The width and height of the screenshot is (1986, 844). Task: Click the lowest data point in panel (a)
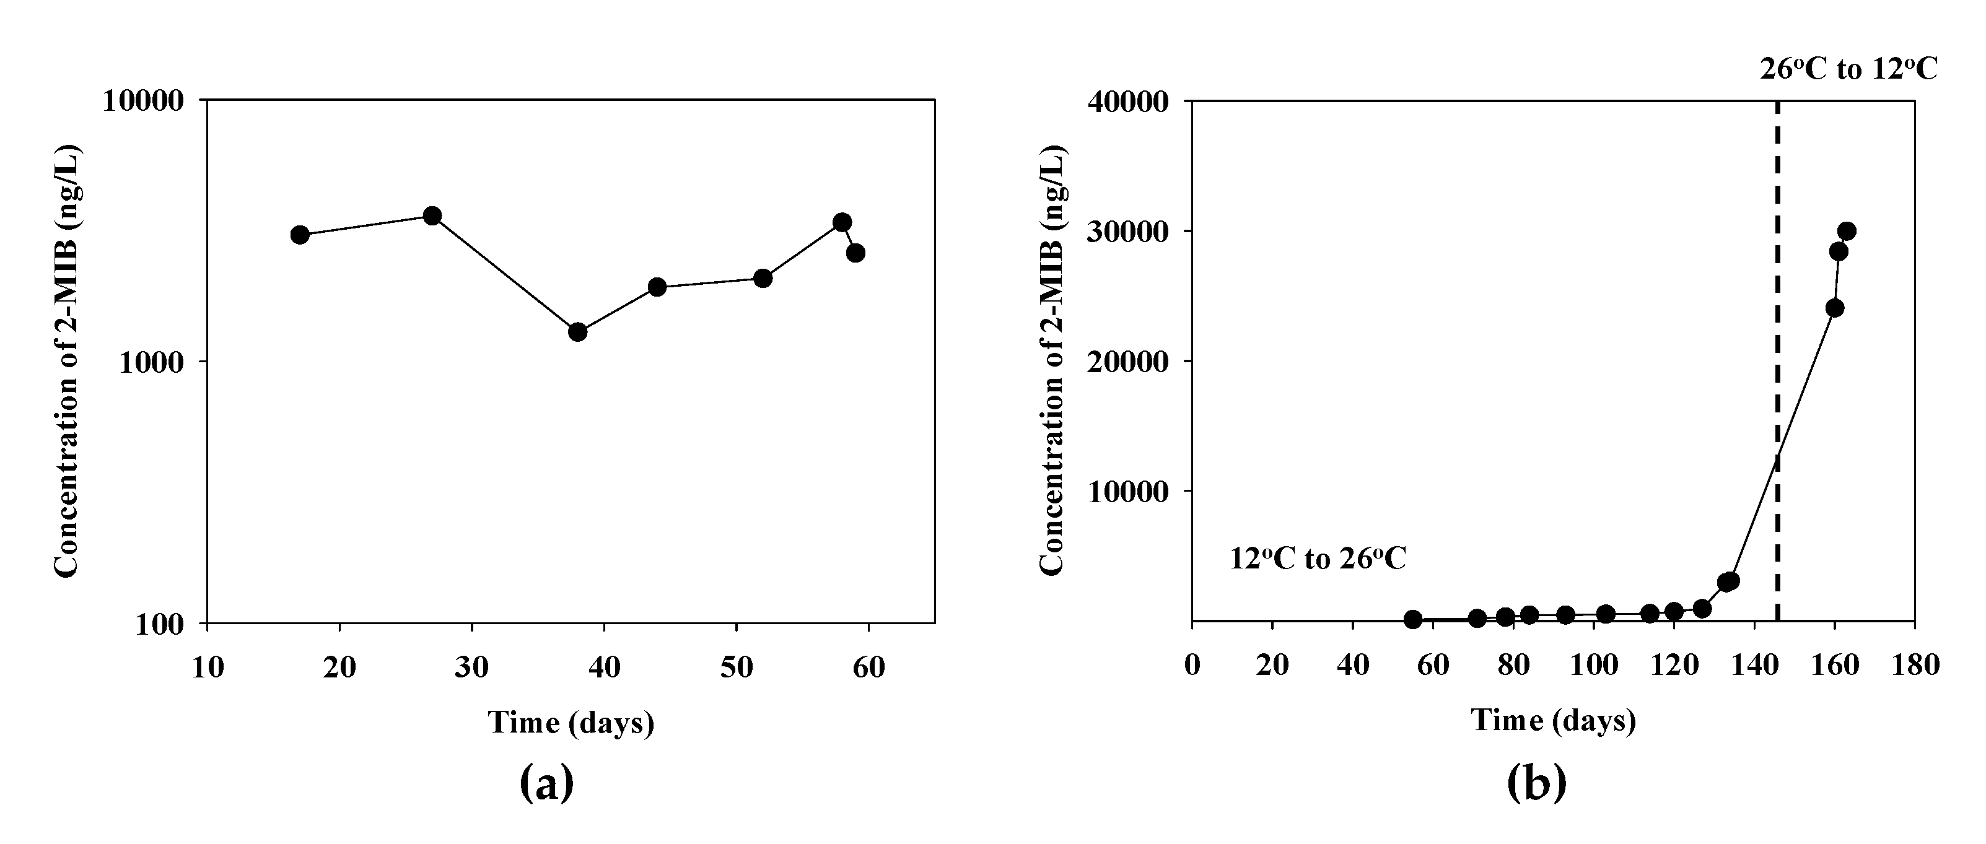click(577, 332)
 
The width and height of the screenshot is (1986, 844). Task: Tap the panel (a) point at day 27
click(432, 216)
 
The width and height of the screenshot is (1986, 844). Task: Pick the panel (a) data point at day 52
click(763, 278)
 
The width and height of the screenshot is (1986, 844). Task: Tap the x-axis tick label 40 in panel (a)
click(603, 667)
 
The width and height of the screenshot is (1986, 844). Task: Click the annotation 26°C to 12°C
click(1848, 69)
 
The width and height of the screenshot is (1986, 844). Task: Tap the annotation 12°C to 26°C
click(1318, 559)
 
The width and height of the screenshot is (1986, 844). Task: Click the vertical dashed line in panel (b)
click(1778, 347)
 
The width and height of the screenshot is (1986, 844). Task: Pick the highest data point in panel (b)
click(1847, 231)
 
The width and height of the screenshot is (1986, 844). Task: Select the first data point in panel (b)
click(1412, 620)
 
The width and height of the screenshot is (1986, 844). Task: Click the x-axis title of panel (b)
click(1554, 721)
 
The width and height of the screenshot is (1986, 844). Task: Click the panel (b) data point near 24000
click(1835, 308)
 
